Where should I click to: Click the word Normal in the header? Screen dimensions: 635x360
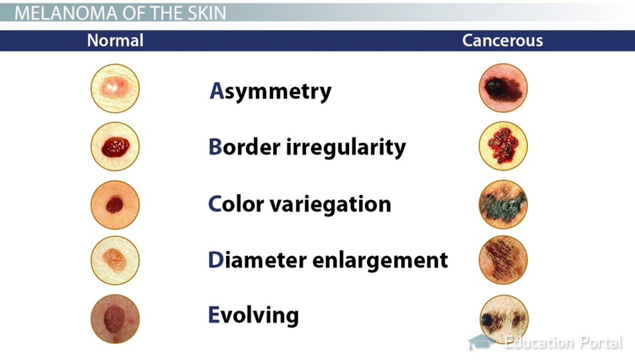pos(115,40)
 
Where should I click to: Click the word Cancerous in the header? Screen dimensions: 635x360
pos(502,40)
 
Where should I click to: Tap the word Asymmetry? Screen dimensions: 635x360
pos(270,91)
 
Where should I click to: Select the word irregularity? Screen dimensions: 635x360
pos(346,147)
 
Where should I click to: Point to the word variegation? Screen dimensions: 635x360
pos(330,204)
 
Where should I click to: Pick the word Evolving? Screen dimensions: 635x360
pos(253,316)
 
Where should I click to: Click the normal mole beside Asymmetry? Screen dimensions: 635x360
pos(115,88)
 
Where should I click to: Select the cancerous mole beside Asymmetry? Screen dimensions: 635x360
pos(503,88)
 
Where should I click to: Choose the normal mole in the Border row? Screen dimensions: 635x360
pos(115,146)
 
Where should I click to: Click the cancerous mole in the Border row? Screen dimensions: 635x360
pos(503,146)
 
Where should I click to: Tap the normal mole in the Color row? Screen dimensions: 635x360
pos(115,204)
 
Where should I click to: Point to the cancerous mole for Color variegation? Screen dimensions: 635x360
pos(503,204)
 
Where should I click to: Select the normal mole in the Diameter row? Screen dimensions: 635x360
pos(115,260)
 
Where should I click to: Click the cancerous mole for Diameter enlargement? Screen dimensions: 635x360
pos(503,259)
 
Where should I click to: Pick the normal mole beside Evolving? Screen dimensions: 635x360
pos(115,319)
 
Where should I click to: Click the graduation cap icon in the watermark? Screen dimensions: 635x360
pos(481,342)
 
